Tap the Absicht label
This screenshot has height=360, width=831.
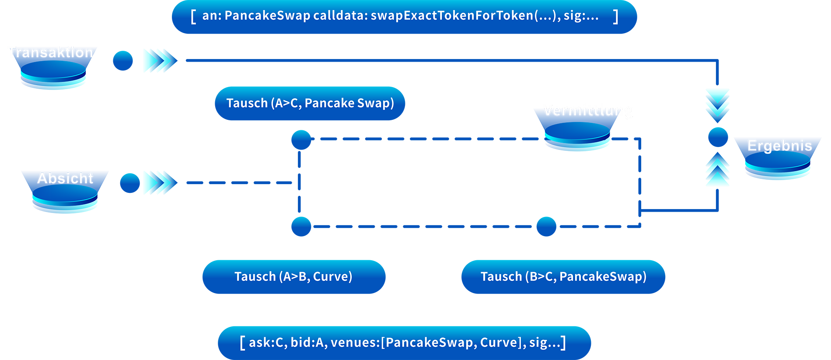click(x=65, y=178)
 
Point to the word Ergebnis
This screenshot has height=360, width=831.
click(x=779, y=146)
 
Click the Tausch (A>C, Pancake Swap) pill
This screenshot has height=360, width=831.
click(x=310, y=103)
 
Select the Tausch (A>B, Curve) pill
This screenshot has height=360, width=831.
click(x=293, y=276)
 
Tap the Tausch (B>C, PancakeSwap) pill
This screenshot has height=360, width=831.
click(x=563, y=276)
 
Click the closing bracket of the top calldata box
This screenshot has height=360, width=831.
click(x=616, y=17)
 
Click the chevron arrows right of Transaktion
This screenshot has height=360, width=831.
click(x=157, y=60)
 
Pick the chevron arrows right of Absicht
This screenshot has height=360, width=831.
click(x=157, y=182)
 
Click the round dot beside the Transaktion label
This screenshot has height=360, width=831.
click(x=123, y=60)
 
